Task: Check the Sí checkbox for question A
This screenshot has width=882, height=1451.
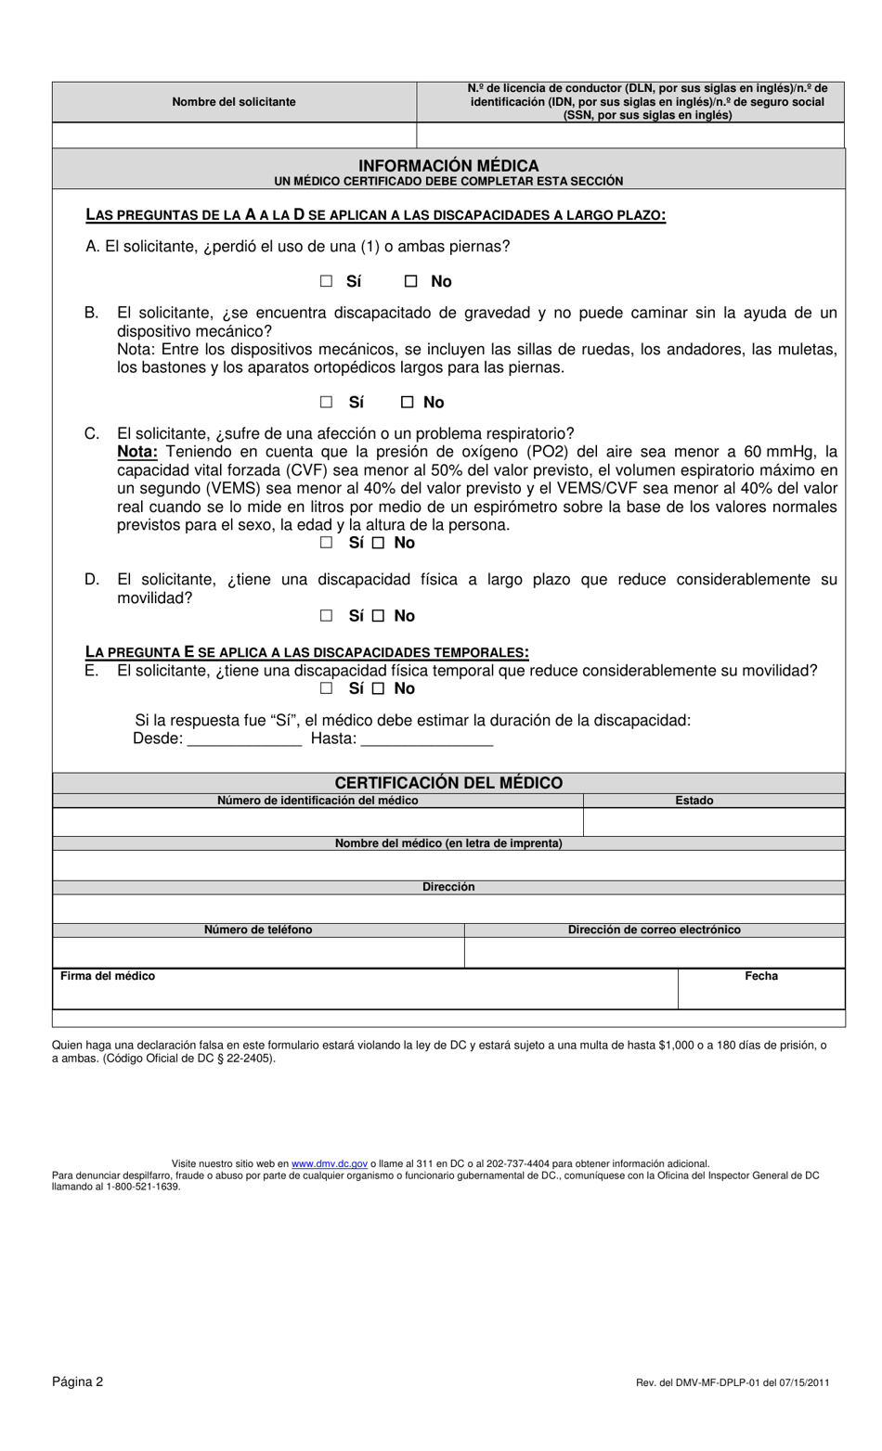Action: click(x=326, y=281)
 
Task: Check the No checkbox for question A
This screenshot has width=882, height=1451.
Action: click(x=411, y=281)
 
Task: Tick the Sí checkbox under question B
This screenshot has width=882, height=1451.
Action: click(x=326, y=402)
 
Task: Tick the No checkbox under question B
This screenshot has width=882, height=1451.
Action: click(x=407, y=402)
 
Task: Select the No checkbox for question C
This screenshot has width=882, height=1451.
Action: click(x=378, y=543)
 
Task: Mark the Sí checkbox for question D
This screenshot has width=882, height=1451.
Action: click(x=326, y=616)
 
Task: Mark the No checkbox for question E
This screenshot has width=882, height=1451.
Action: click(x=378, y=688)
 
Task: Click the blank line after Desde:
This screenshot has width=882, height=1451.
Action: click(x=244, y=738)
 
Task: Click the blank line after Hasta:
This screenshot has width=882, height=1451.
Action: click(x=426, y=738)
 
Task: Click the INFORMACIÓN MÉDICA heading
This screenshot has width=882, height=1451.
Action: click(x=448, y=165)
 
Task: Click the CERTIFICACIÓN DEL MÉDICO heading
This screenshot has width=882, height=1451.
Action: click(x=448, y=783)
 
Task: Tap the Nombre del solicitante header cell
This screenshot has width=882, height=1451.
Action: click(x=234, y=102)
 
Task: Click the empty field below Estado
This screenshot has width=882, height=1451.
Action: click(x=714, y=822)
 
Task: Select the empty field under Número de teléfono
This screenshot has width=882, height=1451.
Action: click(x=258, y=952)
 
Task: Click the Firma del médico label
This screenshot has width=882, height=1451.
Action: click(x=108, y=976)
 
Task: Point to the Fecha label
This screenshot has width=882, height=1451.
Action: click(x=761, y=976)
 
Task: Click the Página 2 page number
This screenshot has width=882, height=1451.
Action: click(x=78, y=1381)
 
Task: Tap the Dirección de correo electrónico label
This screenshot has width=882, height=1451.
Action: click(x=655, y=930)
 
